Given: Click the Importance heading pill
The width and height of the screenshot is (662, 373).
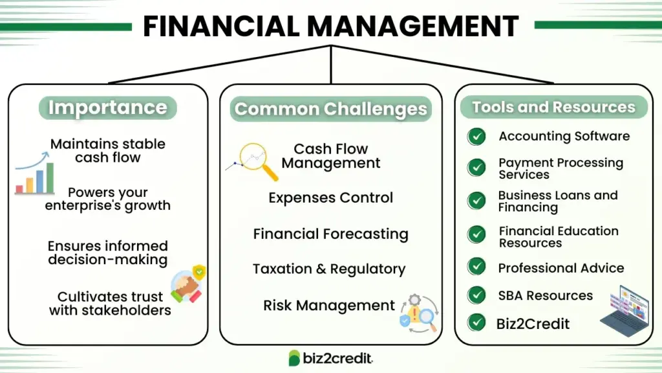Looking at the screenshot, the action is click(x=108, y=107).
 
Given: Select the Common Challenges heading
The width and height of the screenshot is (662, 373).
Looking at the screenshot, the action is click(x=330, y=109).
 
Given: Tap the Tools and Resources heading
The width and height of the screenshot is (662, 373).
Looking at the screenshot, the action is click(x=553, y=107).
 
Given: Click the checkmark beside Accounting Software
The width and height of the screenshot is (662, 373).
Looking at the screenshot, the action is click(x=476, y=137).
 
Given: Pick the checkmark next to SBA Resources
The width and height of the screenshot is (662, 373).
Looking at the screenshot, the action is click(x=476, y=295).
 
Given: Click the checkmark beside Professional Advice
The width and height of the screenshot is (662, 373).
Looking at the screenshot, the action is click(x=476, y=267).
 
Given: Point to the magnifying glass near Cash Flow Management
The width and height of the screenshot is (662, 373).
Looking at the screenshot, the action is click(x=257, y=161).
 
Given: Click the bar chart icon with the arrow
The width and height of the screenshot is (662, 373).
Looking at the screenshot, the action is click(x=35, y=174).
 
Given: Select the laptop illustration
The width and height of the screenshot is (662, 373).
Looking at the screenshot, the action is click(x=625, y=311).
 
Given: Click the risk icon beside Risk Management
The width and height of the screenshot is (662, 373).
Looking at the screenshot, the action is click(x=419, y=313).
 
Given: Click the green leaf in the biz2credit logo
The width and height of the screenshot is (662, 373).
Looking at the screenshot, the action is click(x=294, y=358).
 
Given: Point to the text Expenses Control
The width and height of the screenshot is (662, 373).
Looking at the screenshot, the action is click(x=330, y=198).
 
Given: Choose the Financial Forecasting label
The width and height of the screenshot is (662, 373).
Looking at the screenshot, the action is click(x=330, y=234).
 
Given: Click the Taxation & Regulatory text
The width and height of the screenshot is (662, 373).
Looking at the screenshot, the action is click(x=329, y=269).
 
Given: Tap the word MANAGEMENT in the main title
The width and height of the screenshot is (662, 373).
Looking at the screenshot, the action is click(x=412, y=26).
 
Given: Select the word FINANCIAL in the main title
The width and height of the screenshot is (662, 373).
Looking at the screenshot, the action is click(x=221, y=26).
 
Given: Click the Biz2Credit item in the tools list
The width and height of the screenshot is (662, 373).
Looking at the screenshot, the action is click(x=533, y=324).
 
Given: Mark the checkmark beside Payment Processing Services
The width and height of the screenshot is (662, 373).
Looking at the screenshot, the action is click(x=476, y=168).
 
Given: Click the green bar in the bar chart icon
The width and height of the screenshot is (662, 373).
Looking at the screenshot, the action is click(x=50, y=178).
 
